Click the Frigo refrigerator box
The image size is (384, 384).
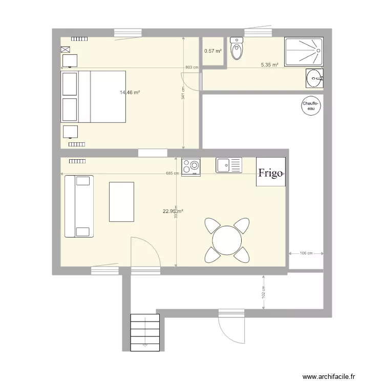(270, 173)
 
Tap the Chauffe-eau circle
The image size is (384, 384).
(310, 106)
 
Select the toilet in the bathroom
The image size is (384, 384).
(237, 50)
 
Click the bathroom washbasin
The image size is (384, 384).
(314, 78)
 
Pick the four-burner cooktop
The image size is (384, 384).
(191, 166)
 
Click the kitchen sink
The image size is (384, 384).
(228, 165)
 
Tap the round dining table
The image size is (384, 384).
(227, 239)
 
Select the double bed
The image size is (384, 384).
(93, 96)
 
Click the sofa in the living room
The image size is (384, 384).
(79, 206)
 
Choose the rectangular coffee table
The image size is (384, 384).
(121, 202)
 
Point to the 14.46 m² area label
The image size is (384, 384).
(130, 93)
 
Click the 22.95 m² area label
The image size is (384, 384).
(173, 210)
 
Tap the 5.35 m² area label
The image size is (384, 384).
(269, 65)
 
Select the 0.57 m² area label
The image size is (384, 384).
(213, 51)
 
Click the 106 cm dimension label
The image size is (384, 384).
(306, 253)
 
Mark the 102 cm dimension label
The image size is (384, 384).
(263, 292)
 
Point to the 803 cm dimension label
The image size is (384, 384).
(191, 68)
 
